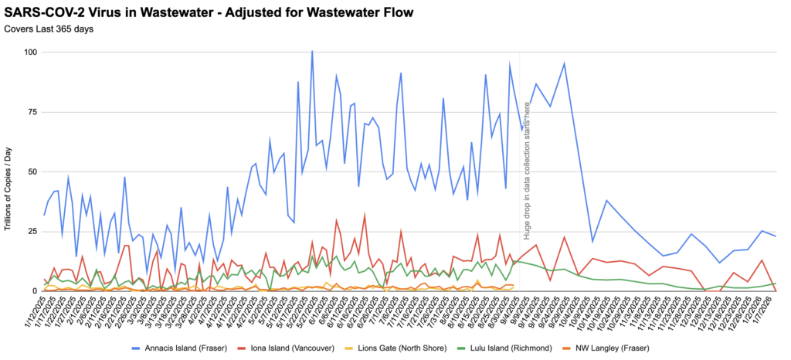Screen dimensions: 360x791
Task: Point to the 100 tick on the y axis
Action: (x=31, y=52)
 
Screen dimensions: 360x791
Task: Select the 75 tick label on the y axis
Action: (x=32, y=111)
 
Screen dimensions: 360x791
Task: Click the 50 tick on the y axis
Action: (x=32, y=172)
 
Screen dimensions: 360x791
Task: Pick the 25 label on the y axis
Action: (x=32, y=231)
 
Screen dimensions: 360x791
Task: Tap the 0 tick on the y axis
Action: (x=35, y=290)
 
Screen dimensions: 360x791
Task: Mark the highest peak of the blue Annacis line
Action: (x=312, y=52)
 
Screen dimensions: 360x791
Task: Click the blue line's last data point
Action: (x=776, y=236)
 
